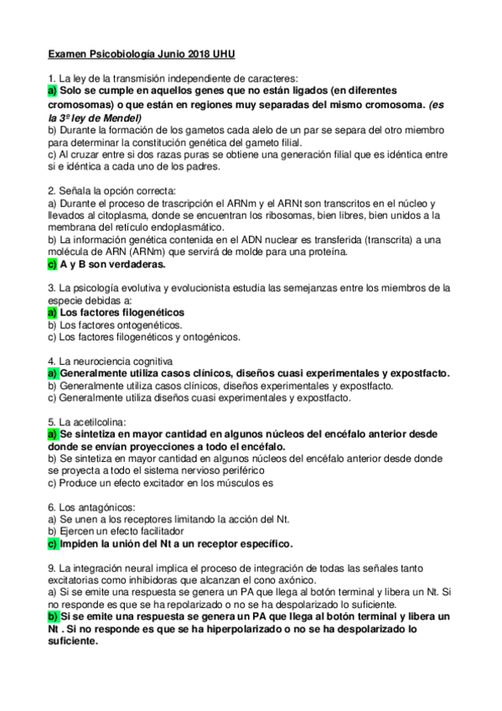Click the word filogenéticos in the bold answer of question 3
point(146,313)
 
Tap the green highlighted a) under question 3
point(52,313)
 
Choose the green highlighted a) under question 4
point(52,373)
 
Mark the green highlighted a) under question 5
point(52,434)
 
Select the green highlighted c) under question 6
point(52,543)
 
